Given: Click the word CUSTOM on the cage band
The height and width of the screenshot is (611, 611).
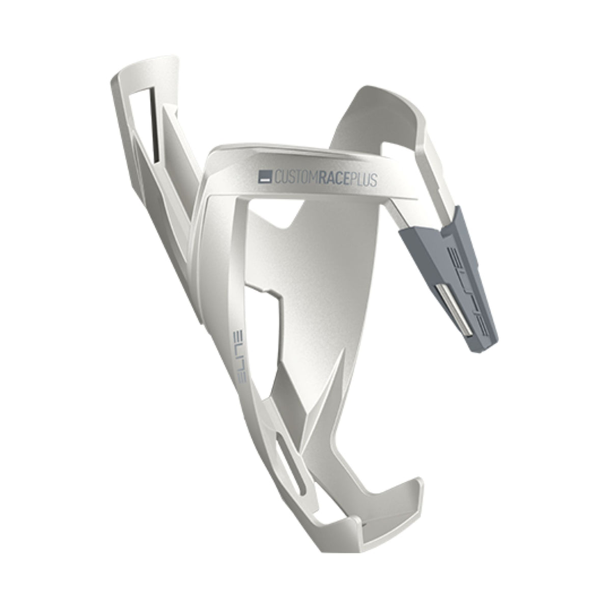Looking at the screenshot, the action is point(296,178).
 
